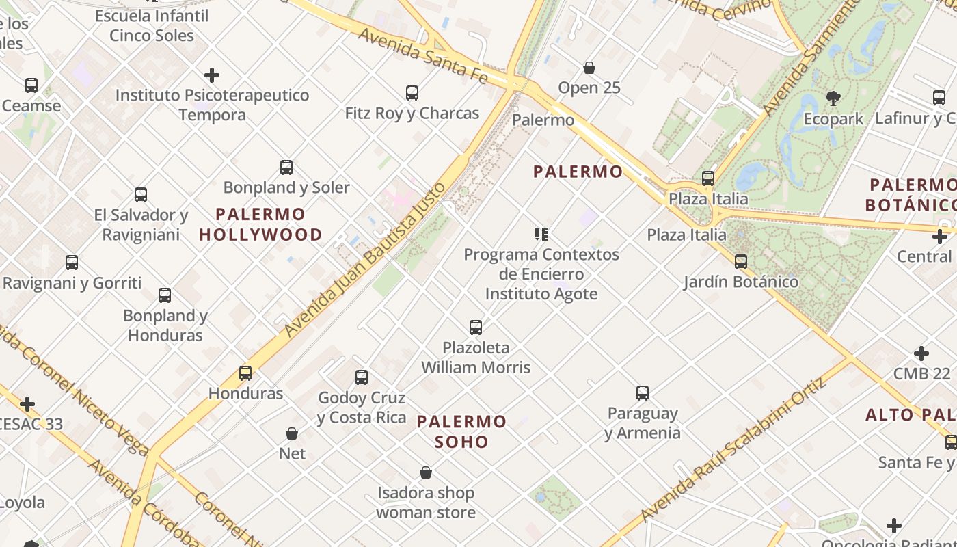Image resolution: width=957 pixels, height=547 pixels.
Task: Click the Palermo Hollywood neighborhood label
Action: (x=260, y=224)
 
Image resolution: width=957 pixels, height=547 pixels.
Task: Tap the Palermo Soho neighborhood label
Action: (x=462, y=431)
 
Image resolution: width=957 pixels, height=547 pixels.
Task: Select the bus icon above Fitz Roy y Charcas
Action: (x=412, y=92)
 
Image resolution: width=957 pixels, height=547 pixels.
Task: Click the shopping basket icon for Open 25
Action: (x=589, y=68)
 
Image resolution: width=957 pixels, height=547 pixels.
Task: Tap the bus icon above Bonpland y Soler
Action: (x=286, y=167)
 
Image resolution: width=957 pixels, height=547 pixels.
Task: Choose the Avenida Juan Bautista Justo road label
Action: (x=365, y=259)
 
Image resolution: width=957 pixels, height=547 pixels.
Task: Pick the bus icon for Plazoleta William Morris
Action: (x=476, y=327)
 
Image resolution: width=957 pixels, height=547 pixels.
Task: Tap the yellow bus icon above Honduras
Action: (x=245, y=373)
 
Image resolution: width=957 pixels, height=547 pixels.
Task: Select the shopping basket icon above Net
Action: (x=292, y=433)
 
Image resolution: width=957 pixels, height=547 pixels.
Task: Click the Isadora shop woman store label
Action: (x=425, y=502)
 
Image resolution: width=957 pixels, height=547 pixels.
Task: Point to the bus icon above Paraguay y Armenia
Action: (x=642, y=392)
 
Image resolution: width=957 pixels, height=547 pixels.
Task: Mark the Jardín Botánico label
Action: (x=741, y=281)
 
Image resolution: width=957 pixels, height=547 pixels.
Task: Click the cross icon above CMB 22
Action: (x=921, y=353)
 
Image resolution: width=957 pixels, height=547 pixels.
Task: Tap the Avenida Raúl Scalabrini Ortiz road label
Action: (x=733, y=457)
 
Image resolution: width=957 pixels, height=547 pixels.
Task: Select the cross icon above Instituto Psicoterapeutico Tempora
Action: (x=212, y=75)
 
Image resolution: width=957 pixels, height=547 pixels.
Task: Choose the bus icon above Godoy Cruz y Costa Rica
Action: (x=362, y=377)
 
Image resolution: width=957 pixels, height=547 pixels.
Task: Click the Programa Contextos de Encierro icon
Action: (x=541, y=235)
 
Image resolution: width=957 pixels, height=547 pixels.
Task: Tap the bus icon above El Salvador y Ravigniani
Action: (x=141, y=194)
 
